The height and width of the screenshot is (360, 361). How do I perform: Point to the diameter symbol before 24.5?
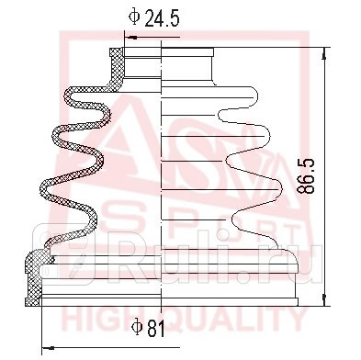(x=133, y=17)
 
